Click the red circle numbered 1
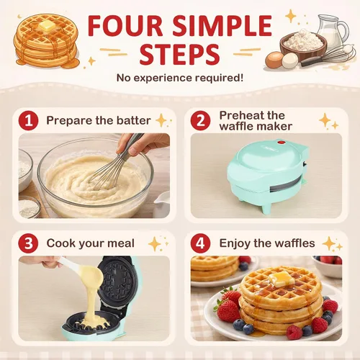point(28,120)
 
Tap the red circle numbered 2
point(200,120)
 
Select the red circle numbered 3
point(28,243)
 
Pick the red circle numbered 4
point(200,243)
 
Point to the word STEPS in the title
point(179,55)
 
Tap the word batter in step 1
point(134,120)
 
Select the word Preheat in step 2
point(240,115)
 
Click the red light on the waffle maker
point(281,143)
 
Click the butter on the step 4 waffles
point(281,279)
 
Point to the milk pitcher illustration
point(333,30)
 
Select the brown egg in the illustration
point(274,59)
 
